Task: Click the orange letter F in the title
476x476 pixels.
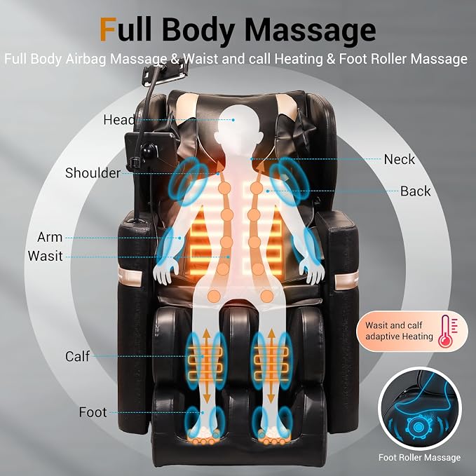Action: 109,29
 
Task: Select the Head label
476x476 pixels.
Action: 118,120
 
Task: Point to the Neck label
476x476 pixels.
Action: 399,159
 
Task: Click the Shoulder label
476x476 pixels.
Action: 93,172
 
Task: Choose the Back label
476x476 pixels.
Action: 415,191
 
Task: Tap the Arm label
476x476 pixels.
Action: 50,237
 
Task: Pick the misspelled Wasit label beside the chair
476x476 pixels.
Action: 46,256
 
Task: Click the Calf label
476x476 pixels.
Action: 77,356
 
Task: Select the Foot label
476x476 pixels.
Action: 93,412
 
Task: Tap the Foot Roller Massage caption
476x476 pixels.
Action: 419,457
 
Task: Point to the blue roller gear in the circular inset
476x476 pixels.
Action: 418,427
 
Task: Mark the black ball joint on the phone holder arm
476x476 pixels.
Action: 149,149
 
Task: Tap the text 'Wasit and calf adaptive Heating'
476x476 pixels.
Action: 399,331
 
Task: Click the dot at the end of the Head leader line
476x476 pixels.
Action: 233,120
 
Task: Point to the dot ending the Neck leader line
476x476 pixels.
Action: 252,158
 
